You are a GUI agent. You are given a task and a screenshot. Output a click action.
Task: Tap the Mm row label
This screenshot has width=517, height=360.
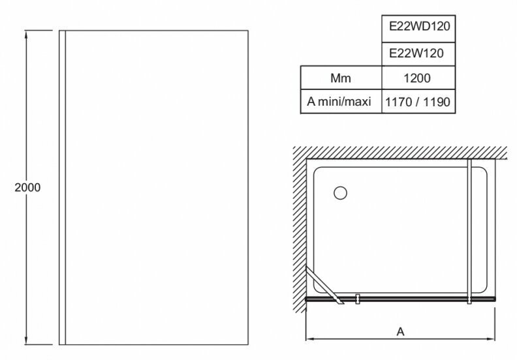(x=340, y=78)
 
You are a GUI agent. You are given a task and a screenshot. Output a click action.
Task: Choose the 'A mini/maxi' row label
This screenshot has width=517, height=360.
(x=340, y=102)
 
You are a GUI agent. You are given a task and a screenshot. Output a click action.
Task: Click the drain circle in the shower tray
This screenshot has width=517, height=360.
(x=339, y=193)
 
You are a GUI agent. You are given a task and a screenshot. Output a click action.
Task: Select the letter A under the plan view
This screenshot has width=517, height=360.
(x=400, y=331)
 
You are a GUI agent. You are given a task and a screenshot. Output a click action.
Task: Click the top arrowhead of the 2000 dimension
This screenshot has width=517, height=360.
(x=27, y=33)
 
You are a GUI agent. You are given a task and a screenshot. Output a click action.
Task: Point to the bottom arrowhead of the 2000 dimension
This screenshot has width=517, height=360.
(x=27, y=342)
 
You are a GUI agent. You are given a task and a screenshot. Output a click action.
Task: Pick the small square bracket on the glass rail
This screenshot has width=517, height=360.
(x=358, y=301)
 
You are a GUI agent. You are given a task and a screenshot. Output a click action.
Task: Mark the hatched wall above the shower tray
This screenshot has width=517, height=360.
(x=405, y=153)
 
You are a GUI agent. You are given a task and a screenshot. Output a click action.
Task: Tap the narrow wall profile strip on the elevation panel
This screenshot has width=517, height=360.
(x=62, y=188)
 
